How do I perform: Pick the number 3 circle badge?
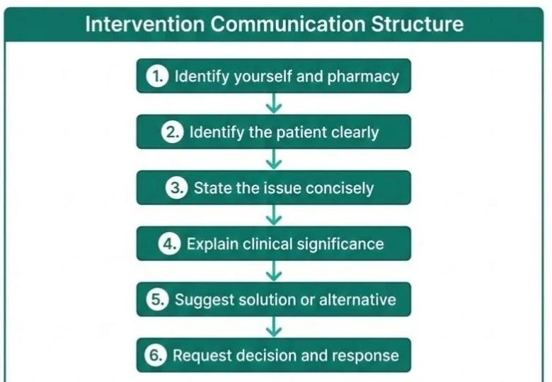pos(177,188)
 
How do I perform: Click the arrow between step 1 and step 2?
pos(274,104)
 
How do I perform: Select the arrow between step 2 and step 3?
pos(274,160)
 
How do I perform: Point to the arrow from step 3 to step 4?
pos(274,216)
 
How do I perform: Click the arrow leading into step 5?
pos(274,272)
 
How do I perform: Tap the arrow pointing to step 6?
pos(274,328)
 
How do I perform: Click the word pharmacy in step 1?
pos(364,76)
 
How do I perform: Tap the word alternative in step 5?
pos(357,299)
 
